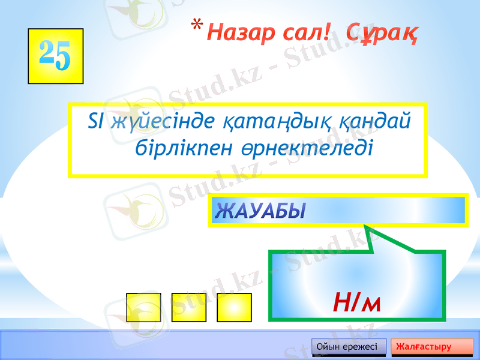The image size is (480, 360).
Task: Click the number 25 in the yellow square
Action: pyautogui.click(x=55, y=55)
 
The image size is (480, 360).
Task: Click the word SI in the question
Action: pyautogui.click(x=96, y=122)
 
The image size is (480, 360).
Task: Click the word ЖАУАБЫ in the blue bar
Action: pyautogui.click(x=260, y=211)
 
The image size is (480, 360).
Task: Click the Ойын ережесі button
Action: pyautogui.click(x=347, y=347)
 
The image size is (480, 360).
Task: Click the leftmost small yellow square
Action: pyautogui.click(x=144, y=308)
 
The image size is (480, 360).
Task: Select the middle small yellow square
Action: pyautogui.click(x=189, y=308)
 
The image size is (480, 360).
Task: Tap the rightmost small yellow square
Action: pyautogui.click(x=234, y=308)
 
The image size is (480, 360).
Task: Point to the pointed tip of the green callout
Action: pyautogui.click(x=365, y=226)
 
